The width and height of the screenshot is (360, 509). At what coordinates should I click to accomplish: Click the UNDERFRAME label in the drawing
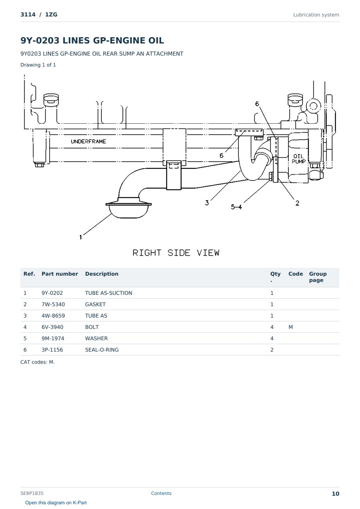pyautogui.click(x=88, y=142)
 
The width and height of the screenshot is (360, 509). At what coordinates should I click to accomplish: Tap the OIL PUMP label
pyautogui.click(x=299, y=159)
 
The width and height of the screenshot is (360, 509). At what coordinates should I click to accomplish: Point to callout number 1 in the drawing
pyautogui.click(x=81, y=237)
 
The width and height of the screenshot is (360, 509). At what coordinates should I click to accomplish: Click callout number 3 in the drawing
pyautogui.click(x=207, y=203)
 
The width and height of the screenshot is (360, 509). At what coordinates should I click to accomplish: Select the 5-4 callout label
pyautogui.click(x=236, y=207)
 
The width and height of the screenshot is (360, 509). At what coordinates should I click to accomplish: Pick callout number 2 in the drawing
pyautogui.click(x=297, y=203)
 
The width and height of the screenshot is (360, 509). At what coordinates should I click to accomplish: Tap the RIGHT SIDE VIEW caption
pyautogui.click(x=176, y=253)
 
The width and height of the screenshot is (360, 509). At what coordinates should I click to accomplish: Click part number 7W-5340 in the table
pyautogui.click(x=53, y=304)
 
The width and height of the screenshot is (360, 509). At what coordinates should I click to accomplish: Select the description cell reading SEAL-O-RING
pyautogui.click(x=102, y=350)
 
